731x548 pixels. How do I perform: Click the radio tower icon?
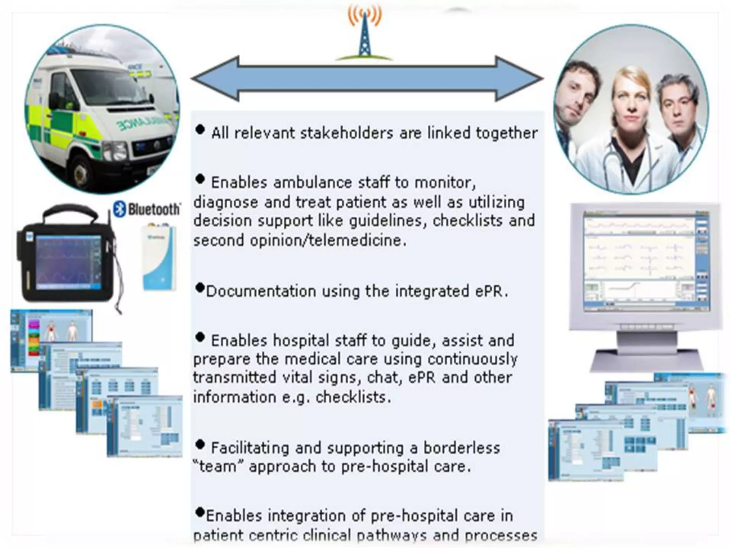(x=365, y=34)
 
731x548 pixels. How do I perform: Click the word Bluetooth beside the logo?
(x=154, y=209)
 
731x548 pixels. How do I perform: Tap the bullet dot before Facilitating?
(x=200, y=445)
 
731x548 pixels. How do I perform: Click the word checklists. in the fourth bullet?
(x=353, y=397)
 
